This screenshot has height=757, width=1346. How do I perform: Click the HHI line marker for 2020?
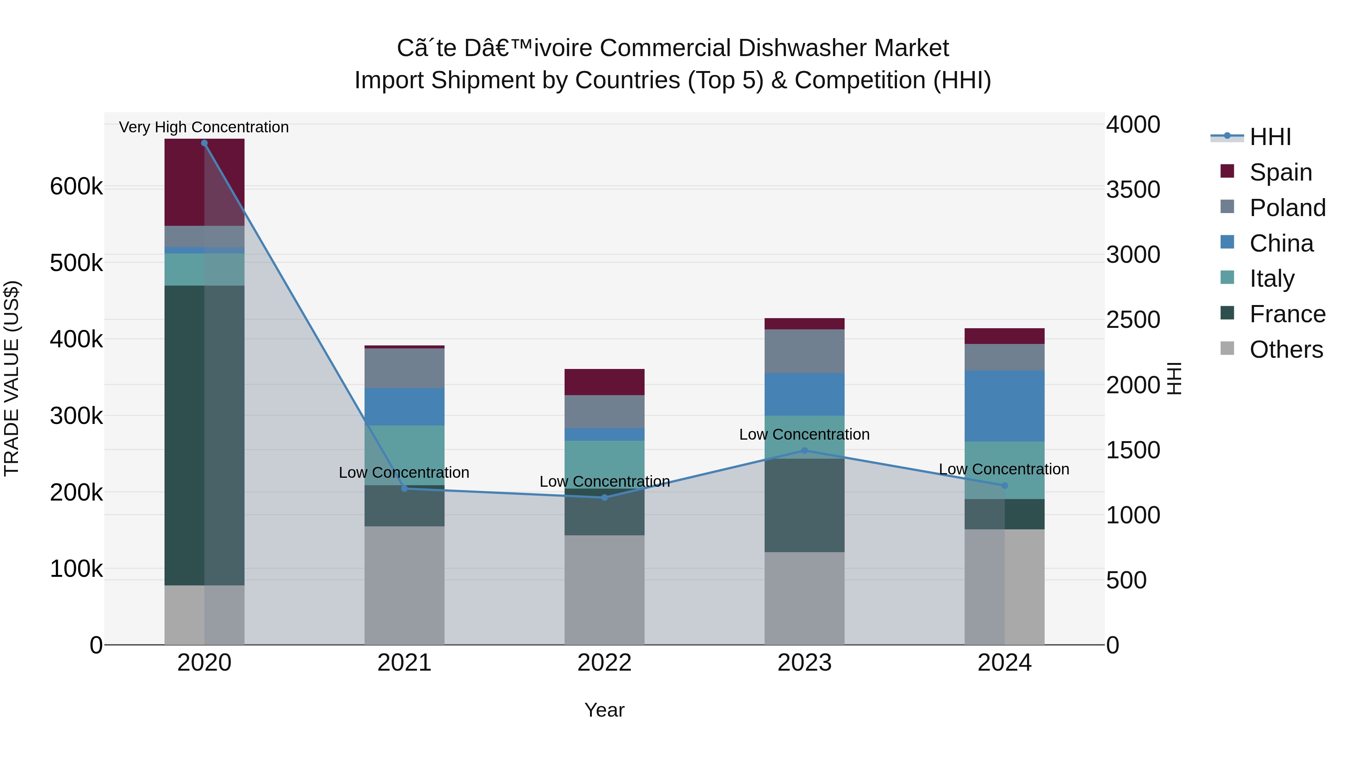(204, 143)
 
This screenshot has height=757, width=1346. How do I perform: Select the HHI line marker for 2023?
(804, 450)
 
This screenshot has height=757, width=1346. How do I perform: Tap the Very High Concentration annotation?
(204, 127)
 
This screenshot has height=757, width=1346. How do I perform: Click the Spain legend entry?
(1280, 172)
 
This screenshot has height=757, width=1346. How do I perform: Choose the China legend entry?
(1281, 243)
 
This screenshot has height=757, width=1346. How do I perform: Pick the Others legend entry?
(1285, 350)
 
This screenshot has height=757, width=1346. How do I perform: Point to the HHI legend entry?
(1270, 137)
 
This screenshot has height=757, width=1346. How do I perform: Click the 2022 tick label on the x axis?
(604, 663)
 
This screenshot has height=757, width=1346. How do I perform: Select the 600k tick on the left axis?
(76, 187)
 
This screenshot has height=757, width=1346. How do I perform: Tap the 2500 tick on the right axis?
(1133, 320)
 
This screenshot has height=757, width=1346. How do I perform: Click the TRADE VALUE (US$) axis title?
(12, 378)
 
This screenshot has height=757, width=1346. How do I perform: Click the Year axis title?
(604, 710)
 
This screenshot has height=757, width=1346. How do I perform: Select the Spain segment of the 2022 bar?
(604, 382)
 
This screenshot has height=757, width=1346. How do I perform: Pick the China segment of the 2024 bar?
(1004, 406)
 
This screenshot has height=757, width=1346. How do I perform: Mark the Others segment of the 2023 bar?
(804, 598)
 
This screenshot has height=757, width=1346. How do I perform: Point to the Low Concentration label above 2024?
(1004, 469)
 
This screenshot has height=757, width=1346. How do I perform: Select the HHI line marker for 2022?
(605, 497)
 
